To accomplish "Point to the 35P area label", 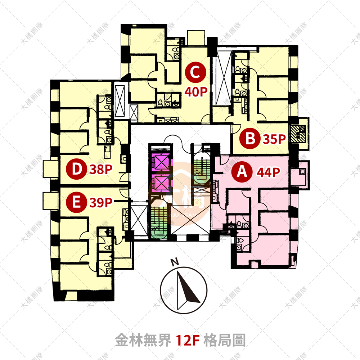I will (x=275, y=139).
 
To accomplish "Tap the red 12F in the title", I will (x=188, y=339).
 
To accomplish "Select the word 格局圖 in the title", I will (x=224, y=339).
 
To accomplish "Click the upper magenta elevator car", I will (x=159, y=161).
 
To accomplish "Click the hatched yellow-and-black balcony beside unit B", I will (x=298, y=133).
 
